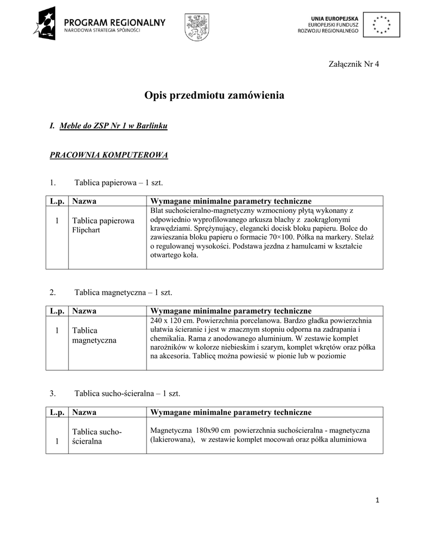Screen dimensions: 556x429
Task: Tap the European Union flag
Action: pyautogui.click(x=382, y=24)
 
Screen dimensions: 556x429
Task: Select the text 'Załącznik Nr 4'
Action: pyautogui.click(x=354, y=64)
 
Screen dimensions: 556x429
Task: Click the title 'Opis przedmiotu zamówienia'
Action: pyautogui.click(x=214, y=96)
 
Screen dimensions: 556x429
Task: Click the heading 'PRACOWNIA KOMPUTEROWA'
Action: pyautogui.click(x=109, y=155)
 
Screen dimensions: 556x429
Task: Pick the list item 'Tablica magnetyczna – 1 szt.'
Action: pyautogui.click(x=123, y=293)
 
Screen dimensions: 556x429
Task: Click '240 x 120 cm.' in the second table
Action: pyautogui.click(x=170, y=320)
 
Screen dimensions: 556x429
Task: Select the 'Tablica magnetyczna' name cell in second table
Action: pyautogui.click(x=94, y=335)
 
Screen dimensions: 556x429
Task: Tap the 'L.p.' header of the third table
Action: pyautogui.click(x=57, y=412)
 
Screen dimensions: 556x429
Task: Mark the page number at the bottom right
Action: pyautogui.click(x=377, y=500)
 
